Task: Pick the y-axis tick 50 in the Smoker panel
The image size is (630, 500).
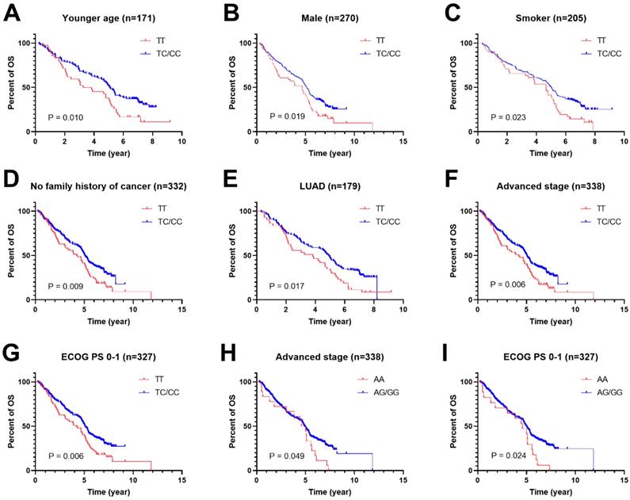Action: tap(468, 87)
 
